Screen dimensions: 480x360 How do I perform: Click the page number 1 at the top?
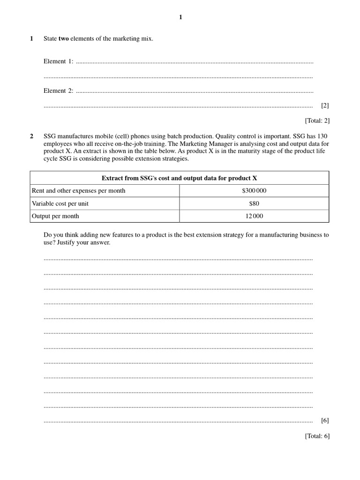click(x=180, y=17)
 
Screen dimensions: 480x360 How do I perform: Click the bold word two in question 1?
click(x=64, y=39)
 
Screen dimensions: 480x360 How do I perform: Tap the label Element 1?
click(x=58, y=61)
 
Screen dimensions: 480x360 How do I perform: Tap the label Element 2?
click(x=58, y=91)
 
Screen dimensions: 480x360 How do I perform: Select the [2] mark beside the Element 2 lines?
click(x=325, y=105)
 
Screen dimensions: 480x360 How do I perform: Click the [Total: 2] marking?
click(x=317, y=120)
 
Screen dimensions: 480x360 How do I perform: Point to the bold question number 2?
click(x=32, y=136)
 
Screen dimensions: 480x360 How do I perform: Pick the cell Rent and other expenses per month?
click(x=78, y=191)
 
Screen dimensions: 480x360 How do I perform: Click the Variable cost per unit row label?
click(x=60, y=203)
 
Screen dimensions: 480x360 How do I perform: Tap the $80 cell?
click(x=254, y=203)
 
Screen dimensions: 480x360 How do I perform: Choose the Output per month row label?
click(x=55, y=216)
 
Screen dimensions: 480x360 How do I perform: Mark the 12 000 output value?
click(x=254, y=216)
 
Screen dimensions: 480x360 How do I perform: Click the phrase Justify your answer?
click(x=87, y=243)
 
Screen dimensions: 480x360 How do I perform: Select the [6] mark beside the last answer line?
click(x=325, y=420)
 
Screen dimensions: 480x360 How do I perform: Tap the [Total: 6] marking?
click(x=317, y=436)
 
